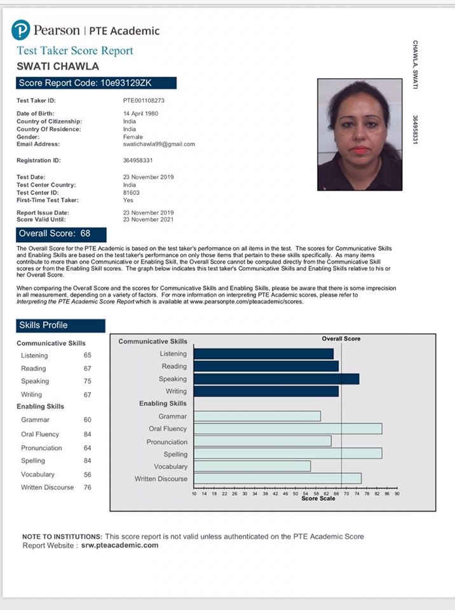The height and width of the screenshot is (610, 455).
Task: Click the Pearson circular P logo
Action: pyautogui.click(x=21, y=30)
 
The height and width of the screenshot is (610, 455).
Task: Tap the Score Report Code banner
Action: pyautogui.click(x=96, y=83)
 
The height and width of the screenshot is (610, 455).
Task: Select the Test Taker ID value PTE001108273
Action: pyautogui.click(x=144, y=100)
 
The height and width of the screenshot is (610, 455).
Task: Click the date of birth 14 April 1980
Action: pyautogui.click(x=140, y=113)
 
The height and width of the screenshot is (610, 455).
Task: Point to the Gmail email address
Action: pyautogui.click(x=159, y=144)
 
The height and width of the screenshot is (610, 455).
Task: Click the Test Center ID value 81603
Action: pyautogui.click(x=131, y=193)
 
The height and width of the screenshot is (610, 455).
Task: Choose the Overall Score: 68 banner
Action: pyautogui.click(x=62, y=233)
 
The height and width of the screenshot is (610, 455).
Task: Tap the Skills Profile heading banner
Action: pyautogui.click(x=60, y=325)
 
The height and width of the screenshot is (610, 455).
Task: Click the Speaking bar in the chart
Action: pyautogui.click(x=276, y=379)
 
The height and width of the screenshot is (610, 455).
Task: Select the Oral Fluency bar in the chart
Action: pyautogui.click(x=287, y=429)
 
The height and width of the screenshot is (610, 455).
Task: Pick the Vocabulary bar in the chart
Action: pyautogui.click(x=252, y=466)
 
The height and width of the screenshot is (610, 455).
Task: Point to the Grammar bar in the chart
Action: pyautogui.click(x=257, y=416)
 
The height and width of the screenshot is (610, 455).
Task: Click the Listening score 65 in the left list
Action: pyautogui.click(x=88, y=355)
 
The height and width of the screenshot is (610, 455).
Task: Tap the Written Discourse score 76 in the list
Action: pyautogui.click(x=88, y=487)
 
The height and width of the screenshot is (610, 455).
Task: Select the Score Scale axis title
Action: pyautogui.click(x=318, y=499)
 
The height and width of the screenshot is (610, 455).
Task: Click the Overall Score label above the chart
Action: pyautogui.click(x=341, y=339)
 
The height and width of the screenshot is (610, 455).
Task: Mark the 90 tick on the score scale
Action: pyautogui.click(x=397, y=494)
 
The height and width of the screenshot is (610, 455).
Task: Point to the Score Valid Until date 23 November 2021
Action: pyautogui.click(x=148, y=219)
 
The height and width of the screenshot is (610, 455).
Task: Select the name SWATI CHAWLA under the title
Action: pyautogui.click(x=58, y=66)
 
